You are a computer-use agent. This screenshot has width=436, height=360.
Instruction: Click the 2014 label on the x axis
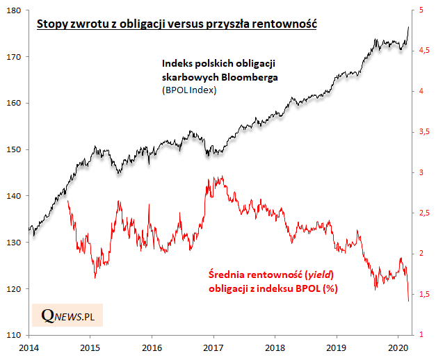29,346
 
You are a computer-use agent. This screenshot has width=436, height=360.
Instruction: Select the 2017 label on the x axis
213,346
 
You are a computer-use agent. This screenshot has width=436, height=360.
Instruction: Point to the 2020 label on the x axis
398,346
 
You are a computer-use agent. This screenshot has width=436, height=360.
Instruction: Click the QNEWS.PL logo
67,316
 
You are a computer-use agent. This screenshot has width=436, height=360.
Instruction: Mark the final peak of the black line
407,26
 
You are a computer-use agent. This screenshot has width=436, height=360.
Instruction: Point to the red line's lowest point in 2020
408,301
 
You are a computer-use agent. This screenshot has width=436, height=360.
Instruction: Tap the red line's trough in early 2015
95,277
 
